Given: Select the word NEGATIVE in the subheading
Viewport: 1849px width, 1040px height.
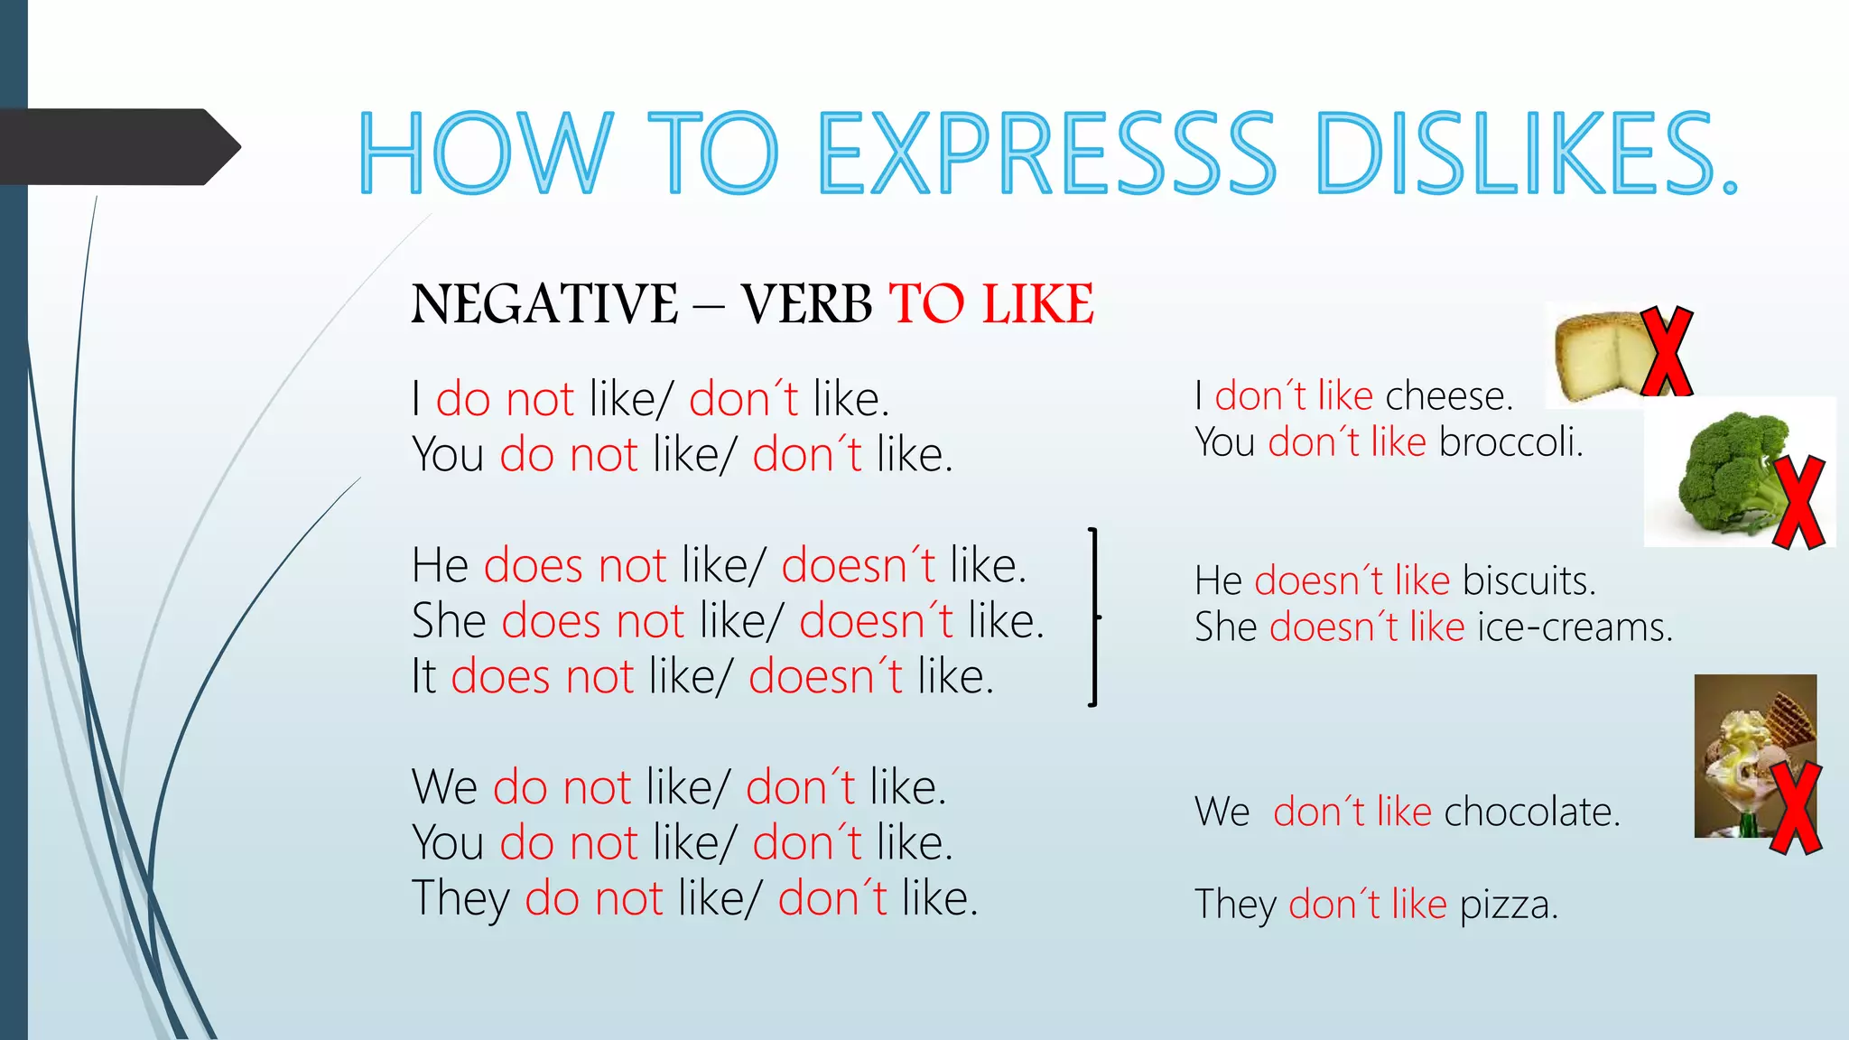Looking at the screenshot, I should [x=544, y=304].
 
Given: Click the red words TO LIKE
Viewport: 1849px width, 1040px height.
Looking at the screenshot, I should [x=991, y=304].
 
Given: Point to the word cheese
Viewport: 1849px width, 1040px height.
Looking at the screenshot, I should [x=1448, y=396].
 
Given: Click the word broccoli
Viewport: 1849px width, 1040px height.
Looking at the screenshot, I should [x=1510, y=442].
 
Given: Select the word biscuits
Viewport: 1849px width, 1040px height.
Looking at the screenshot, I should [x=1528, y=580].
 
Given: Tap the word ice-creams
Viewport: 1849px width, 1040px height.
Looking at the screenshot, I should [x=1575, y=627].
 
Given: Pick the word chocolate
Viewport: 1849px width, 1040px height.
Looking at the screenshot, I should [x=1531, y=812].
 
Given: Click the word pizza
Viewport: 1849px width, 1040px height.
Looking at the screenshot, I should [x=1509, y=904].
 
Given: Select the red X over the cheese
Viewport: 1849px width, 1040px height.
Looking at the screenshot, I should [x=1667, y=351].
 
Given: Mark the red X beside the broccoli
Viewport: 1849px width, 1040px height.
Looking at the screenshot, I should [x=1799, y=503].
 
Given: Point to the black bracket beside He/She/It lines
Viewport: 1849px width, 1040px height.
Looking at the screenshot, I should [x=1093, y=617].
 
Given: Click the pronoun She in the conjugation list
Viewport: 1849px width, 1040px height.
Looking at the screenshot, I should [x=449, y=621].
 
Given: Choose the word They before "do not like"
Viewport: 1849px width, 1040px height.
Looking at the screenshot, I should [x=460, y=899].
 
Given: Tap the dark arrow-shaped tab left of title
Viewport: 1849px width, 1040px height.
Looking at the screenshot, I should [x=117, y=147].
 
